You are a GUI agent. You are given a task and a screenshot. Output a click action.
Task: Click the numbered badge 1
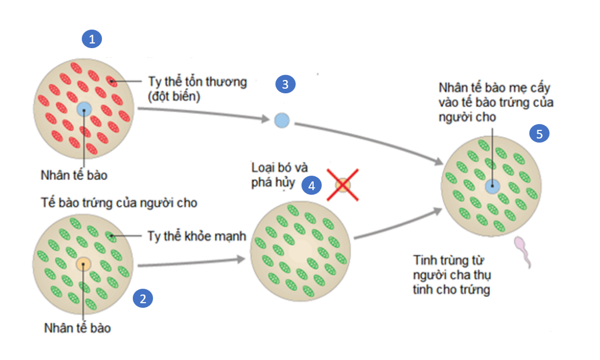pyautogui.click(x=92, y=39)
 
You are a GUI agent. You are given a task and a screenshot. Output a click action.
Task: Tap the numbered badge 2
pyautogui.click(x=143, y=299)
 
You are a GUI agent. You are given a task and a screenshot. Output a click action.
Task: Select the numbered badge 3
pyautogui.click(x=285, y=84)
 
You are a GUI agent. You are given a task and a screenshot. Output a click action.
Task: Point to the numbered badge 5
pyautogui.click(x=539, y=134)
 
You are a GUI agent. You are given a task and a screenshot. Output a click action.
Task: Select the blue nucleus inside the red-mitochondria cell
pyautogui.click(x=83, y=109)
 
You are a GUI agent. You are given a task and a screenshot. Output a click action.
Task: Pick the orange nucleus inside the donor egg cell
pyautogui.click(x=83, y=264)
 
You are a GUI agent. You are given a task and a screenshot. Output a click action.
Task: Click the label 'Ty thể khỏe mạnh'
pyautogui.click(x=197, y=237)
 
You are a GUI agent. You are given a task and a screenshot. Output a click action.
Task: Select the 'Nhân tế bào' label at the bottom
pyautogui.click(x=77, y=328)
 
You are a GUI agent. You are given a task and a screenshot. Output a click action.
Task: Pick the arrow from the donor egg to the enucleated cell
pyautogui.click(x=191, y=264)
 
